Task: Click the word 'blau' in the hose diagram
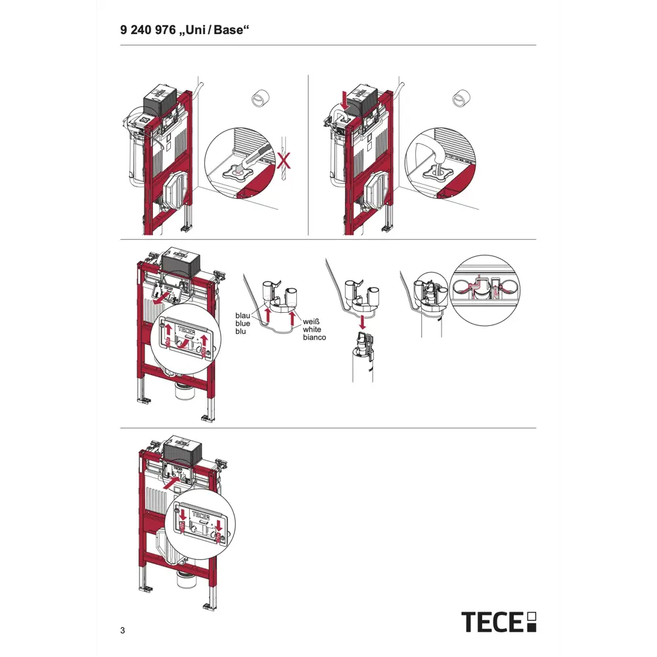(x=243, y=316)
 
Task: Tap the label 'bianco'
(x=314, y=338)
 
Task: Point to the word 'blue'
(x=243, y=324)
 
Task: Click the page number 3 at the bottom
(x=123, y=631)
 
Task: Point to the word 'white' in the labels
(x=312, y=330)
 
